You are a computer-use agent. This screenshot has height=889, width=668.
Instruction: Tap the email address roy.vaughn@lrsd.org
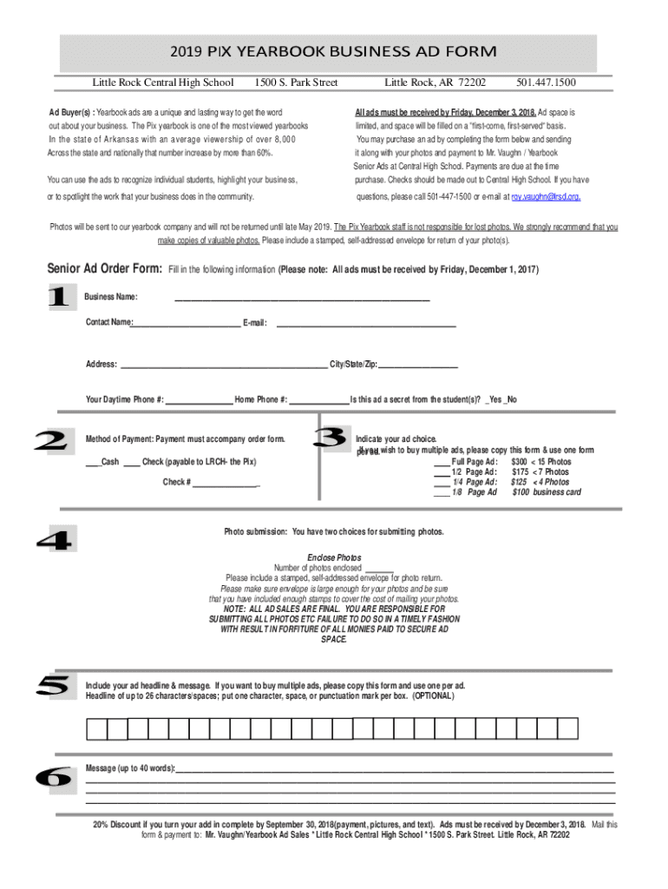coord(546,197)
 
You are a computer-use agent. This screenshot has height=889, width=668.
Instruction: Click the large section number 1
coord(58,298)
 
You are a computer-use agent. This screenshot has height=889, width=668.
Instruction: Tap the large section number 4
coord(54,541)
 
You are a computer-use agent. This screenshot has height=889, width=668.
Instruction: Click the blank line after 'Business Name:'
coord(302,300)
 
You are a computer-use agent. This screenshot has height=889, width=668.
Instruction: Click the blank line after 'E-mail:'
coord(365,326)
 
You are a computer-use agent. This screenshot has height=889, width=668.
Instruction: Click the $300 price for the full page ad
coord(522,463)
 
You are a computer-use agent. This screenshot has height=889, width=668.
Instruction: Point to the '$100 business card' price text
coord(546,492)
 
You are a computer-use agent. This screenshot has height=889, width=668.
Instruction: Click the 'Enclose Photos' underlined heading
coord(334,557)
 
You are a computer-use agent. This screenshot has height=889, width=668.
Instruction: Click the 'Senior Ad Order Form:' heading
coord(103,269)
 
